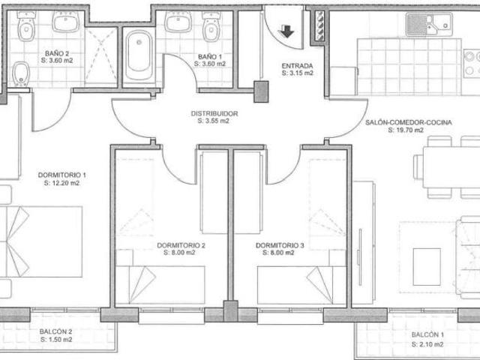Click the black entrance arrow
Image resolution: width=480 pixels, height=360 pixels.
286,31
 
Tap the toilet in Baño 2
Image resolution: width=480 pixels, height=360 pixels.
26,26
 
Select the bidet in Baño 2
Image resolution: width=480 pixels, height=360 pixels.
22,73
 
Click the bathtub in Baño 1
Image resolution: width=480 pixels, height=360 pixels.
139,55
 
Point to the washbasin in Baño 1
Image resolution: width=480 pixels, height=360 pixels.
178,22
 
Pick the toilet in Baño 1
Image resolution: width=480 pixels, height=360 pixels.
211,27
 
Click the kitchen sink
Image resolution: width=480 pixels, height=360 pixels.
429,24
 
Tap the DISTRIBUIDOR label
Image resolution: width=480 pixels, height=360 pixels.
214,113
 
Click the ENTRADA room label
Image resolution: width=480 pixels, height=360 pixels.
297,66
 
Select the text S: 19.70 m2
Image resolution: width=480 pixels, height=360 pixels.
406,130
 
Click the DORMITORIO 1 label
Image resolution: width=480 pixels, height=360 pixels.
61,175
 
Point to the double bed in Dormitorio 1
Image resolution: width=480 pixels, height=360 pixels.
41,241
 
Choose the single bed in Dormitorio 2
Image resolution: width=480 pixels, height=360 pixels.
160,285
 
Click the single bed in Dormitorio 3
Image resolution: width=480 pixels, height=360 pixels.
301,285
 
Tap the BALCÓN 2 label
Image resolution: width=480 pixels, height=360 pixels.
55,331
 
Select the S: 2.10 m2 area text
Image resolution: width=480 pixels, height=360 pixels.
427,344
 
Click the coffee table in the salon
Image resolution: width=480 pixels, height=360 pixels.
427,267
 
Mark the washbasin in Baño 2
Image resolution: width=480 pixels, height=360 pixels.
65,22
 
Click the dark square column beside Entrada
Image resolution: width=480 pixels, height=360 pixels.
261,91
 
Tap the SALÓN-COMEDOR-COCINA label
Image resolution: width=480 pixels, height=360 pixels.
409,122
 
